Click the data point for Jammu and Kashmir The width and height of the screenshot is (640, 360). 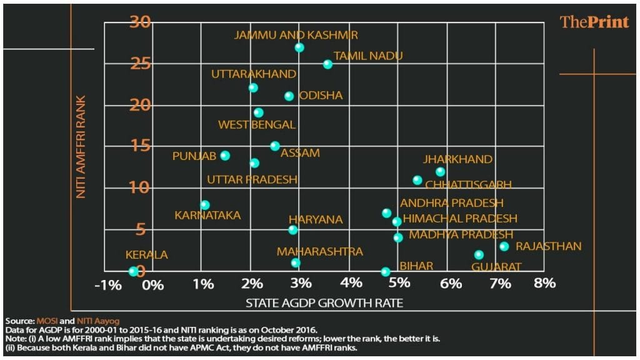299,47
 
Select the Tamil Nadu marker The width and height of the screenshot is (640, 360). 327,64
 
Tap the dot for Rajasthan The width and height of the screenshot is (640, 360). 504,247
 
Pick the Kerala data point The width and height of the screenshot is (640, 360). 132,271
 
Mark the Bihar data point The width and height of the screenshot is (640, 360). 386,272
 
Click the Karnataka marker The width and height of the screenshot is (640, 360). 204,205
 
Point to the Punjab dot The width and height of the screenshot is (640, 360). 225,156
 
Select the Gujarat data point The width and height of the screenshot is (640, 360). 479,255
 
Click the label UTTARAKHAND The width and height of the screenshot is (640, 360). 253,74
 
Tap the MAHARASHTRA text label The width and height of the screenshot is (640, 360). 320,251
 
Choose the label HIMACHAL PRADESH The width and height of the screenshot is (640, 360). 460,219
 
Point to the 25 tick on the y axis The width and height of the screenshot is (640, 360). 139,64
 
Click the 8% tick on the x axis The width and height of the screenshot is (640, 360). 545,283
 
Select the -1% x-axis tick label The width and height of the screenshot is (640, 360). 106,284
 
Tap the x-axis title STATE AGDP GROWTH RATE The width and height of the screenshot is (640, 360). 324,304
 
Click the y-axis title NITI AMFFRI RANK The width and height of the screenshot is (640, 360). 81,147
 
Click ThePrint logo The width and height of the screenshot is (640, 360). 594,22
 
